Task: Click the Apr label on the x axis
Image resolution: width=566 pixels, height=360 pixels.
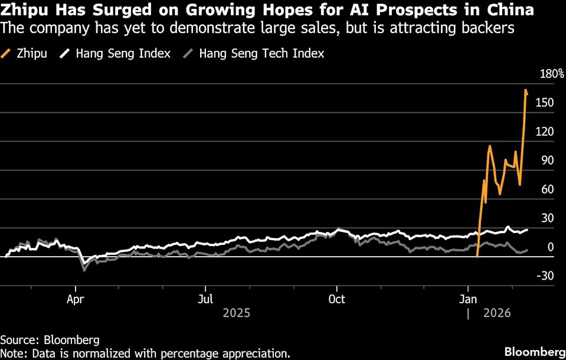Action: click(x=76, y=298)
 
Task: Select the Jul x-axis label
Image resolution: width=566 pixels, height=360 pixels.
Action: click(x=205, y=298)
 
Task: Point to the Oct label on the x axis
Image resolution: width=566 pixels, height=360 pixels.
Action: click(x=336, y=298)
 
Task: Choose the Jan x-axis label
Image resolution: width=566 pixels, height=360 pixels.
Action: click(x=468, y=298)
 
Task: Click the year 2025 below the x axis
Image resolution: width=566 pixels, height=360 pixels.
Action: click(x=236, y=313)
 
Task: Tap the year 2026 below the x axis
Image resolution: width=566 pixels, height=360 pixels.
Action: click(x=497, y=313)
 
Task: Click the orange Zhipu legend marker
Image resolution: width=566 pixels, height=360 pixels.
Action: click(x=8, y=54)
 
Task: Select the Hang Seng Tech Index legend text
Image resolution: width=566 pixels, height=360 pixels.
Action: click(x=261, y=54)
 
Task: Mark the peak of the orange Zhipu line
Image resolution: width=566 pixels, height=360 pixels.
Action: click(x=525, y=90)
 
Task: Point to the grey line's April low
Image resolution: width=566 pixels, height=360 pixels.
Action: click(x=84, y=270)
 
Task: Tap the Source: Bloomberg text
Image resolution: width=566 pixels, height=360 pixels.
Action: click(x=50, y=340)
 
